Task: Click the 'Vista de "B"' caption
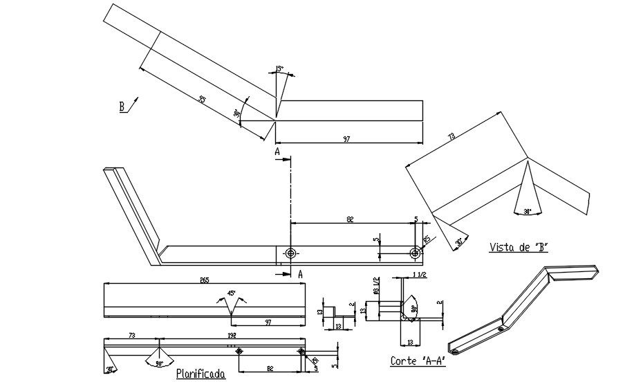pyautogui.click(x=518, y=247)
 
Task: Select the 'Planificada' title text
pyautogui.click(x=200, y=374)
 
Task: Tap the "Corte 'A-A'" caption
pyautogui.click(x=416, y=361)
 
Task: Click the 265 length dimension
pyautogui.click(x=205, y=280)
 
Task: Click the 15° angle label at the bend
pyautogui.click(x=279, y=69)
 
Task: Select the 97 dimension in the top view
pyautogui.click(x=346, y=139)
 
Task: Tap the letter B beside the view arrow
pyautogui.click(x=122, y=107)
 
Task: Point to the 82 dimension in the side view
pyautogui.click(x=351, y=219)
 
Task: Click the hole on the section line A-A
pyautogui.click(x=291, y=253)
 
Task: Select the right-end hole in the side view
pyautogui.click(x=414, y=253)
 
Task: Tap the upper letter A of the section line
pyautogui.click(x=277, y=150)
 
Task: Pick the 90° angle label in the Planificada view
pyautogui.click(x=159, y=362)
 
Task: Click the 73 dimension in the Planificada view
pyautogui.click(x=131, y=334)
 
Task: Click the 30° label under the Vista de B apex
pyautogui.click(x=528, y=211)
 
